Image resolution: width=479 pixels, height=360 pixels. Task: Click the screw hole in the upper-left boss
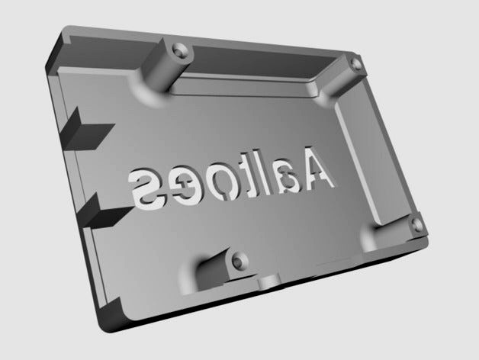(180, 51)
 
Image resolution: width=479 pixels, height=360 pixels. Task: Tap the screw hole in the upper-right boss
(355, 63)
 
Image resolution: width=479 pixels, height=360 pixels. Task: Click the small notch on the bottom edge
(270, 283)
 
